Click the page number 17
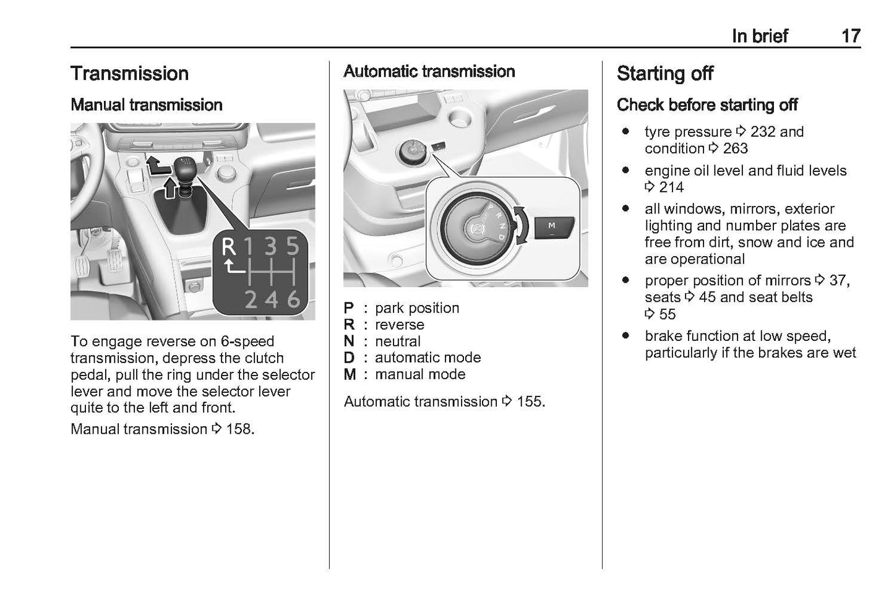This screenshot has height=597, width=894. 850,36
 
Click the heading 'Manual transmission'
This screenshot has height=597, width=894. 147,105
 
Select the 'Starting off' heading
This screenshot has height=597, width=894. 665,74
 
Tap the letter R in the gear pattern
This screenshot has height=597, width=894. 228,247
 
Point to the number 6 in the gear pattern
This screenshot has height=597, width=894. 293,299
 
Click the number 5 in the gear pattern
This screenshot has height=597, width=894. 293,247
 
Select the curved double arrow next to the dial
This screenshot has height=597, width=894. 520,226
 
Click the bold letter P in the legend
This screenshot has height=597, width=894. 349,308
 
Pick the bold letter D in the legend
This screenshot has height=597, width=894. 349,358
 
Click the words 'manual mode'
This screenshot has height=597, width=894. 420,374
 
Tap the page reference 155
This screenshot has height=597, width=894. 530,402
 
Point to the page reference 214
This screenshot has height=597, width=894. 671,187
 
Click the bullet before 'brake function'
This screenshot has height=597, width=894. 626,336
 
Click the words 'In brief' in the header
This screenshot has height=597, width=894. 760,36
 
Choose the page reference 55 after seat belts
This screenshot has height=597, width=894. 667,314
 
